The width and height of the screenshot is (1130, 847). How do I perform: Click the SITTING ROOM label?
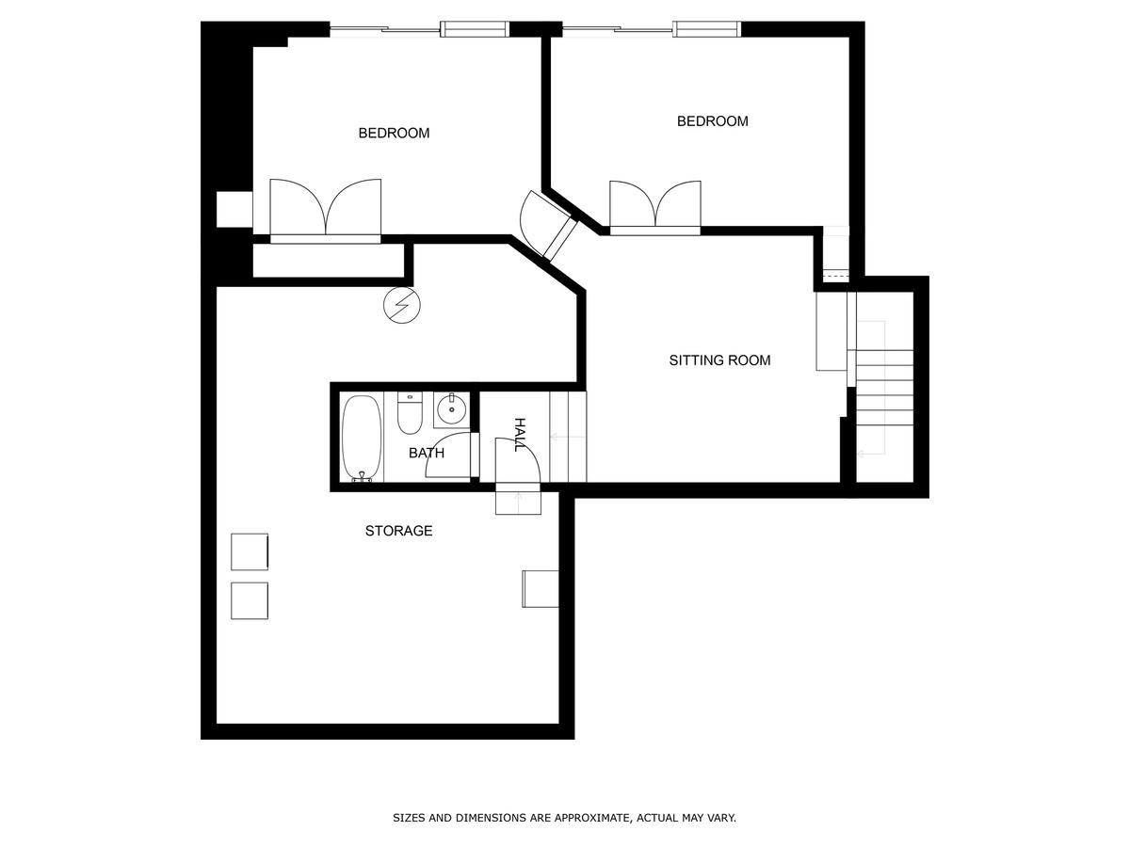coord(719,360)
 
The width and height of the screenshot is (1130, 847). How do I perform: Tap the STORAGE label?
coord(398,531)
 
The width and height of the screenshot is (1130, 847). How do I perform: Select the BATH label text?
coord(427,453)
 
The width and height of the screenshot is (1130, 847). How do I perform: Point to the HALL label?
coord(521,435)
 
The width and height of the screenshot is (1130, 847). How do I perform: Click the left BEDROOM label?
coord(394,134)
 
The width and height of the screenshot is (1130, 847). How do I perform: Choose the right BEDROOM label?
coord(712,121)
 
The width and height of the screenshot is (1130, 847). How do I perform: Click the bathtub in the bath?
coord(362,438)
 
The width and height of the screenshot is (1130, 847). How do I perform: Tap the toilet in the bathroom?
coord(410,412)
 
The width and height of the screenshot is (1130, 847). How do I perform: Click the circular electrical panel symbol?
coord(402,305)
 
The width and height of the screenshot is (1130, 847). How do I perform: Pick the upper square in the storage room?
coord(250,551)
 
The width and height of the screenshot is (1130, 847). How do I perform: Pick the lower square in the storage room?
coord(250,600)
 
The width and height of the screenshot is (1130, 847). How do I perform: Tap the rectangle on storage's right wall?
coord(541,589)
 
